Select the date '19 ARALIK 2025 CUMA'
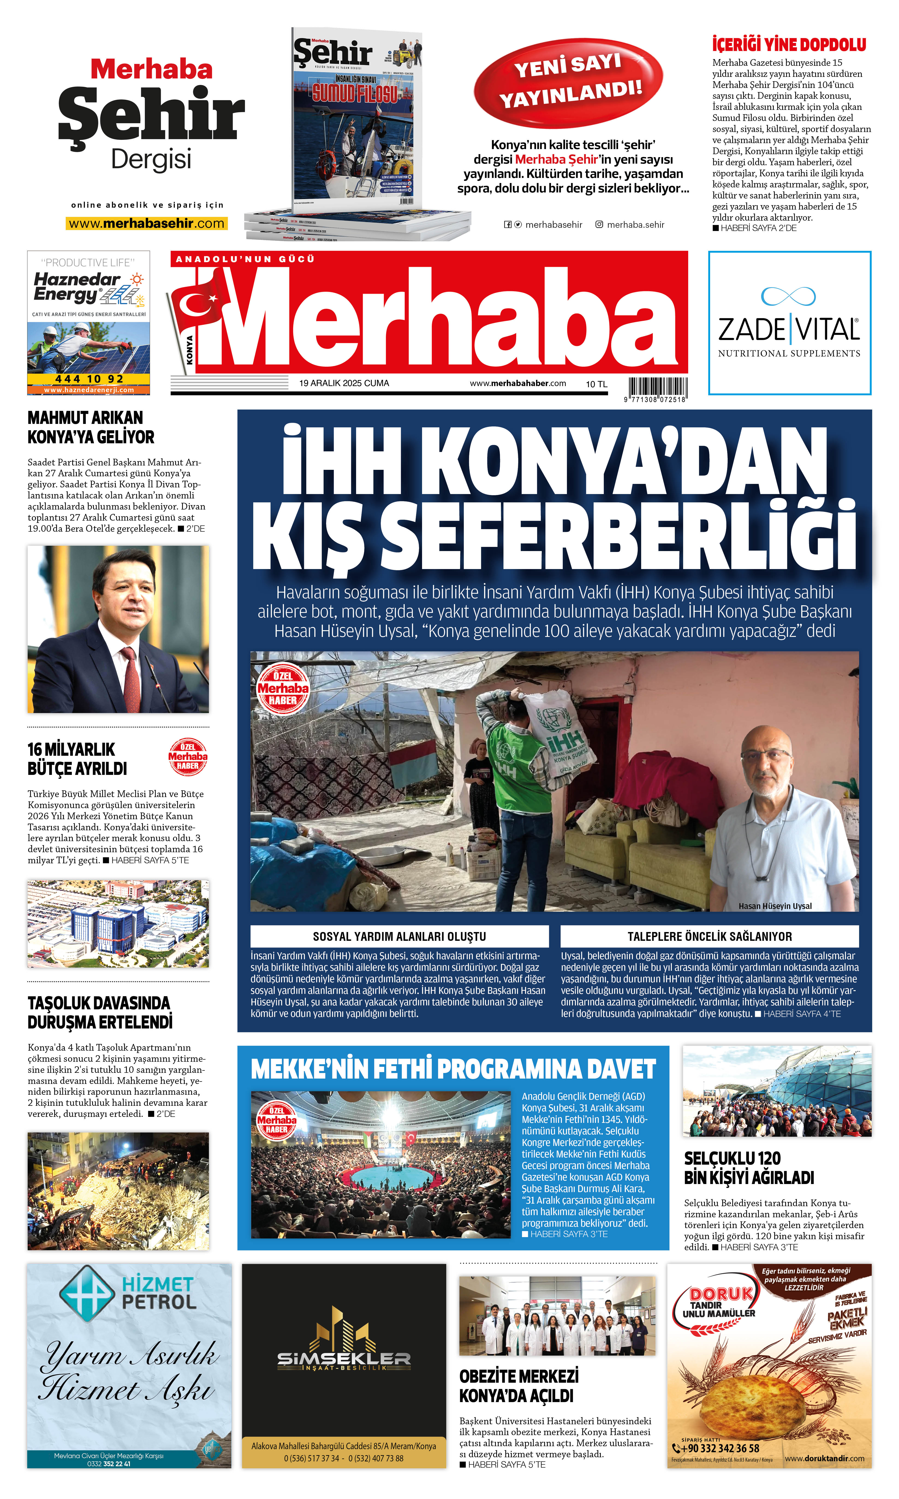[x=344, y=383]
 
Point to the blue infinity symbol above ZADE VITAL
[x=788, y=296]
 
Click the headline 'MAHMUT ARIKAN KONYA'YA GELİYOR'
[x=91, y=427]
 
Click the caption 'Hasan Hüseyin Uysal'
[x=775, y=905]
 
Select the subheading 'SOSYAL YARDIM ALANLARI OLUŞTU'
[x=399, y=936]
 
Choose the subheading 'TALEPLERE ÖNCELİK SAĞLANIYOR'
[x=709, y=936]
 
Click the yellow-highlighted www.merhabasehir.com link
[x=147, y=223]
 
